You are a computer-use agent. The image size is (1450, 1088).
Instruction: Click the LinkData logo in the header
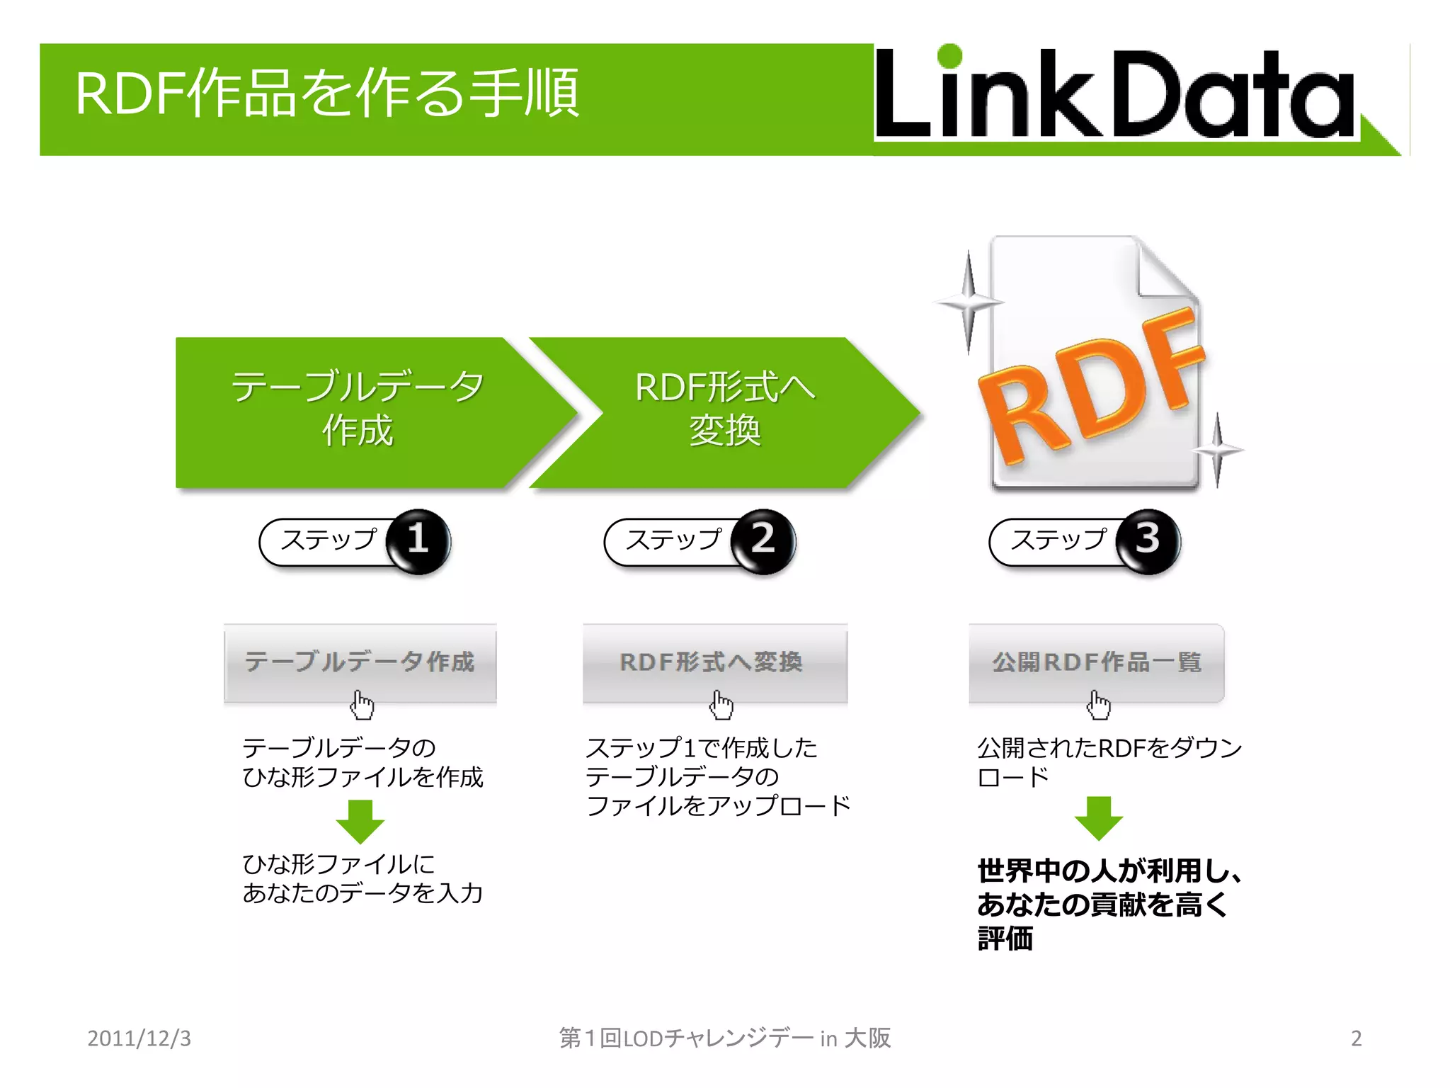[x=1115, y=96]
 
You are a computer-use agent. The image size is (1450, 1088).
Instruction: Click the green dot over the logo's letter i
[x=949, y=57]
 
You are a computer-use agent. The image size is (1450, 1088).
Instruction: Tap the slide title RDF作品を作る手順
[x=327, y=93]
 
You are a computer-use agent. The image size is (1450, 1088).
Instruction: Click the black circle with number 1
[x=418, y=540]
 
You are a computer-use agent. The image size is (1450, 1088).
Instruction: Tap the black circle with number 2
[x=763, y=540]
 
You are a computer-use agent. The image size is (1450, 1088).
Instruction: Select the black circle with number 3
[x=1147, y=540]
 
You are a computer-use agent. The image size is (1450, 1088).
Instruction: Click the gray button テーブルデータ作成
[x=360, y=662]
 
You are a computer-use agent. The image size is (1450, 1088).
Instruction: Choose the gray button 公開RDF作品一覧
[x=1096, y=662]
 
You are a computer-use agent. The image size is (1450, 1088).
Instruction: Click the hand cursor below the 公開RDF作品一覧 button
[x=1099, y=705]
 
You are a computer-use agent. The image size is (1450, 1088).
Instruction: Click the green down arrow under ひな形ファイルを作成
[x=360, y=822]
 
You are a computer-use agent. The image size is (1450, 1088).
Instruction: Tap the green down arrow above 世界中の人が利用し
[x=1098, y=818]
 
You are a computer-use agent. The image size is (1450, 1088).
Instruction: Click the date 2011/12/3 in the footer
[x=139, y=1038]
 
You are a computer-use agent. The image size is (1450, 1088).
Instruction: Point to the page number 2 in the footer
[x=1356, y=1038]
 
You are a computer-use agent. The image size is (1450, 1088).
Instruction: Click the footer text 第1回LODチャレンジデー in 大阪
[x=724, y=1038]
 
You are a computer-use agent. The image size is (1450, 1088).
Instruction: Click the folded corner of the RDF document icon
[x=1165, y=269]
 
